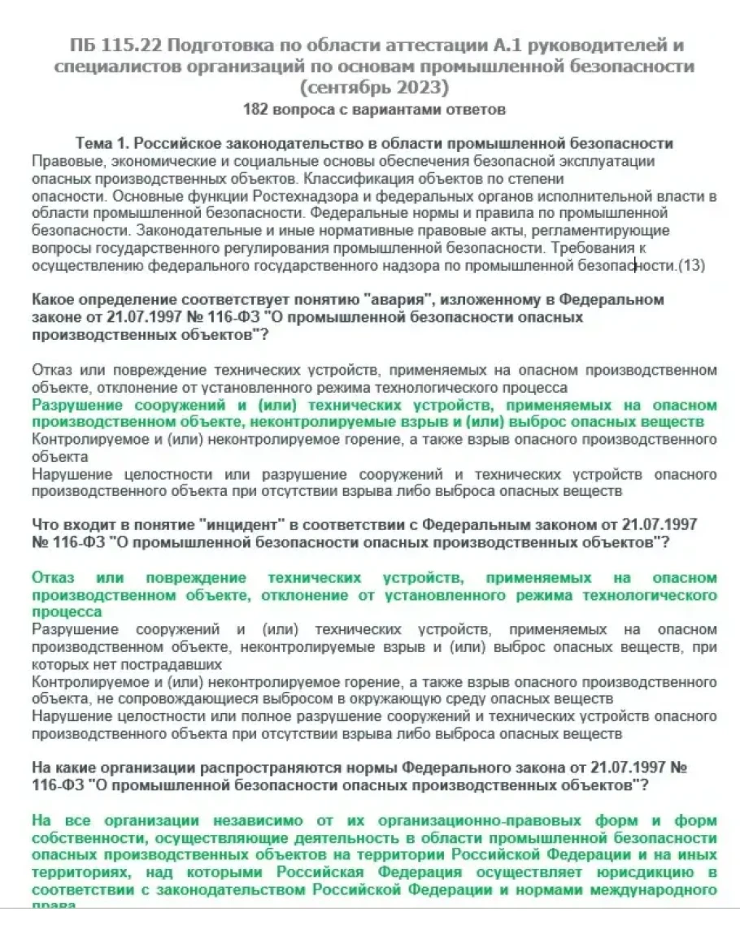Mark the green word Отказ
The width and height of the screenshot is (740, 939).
click(x=53, y=577)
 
